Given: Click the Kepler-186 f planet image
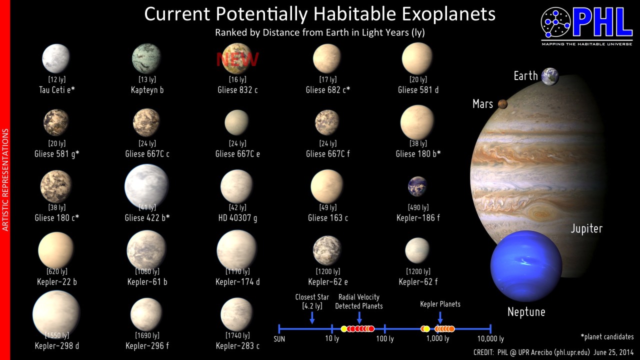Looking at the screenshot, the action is [x=417, y=186].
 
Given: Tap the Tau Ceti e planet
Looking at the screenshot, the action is [x=56, y=58].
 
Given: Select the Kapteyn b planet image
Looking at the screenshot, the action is [x=146, y=58].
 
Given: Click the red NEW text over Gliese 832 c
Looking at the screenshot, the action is [x=237, y=59].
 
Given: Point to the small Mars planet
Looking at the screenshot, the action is [x=502, y=104].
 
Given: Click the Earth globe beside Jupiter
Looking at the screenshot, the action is [x=550, y=76].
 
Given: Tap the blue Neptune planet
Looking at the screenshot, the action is [x=526, y=266].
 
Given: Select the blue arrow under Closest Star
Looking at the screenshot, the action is [x=312, y=317].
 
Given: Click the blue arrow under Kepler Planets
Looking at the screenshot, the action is [x=440, y=317].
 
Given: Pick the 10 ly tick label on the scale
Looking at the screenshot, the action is [x=332, y=338].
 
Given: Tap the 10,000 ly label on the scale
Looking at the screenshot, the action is [x=490, y=339].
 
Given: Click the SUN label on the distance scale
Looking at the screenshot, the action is [x=279, y=339].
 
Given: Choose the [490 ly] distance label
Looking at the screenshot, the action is [x=418, y=207].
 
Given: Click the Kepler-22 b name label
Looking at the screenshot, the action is [x=57, y=281].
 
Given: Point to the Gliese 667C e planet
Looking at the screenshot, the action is [x=236, y=122].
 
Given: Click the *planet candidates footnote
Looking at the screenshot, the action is [x=607, y=337].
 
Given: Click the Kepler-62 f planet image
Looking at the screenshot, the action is [x=417, y=250].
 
